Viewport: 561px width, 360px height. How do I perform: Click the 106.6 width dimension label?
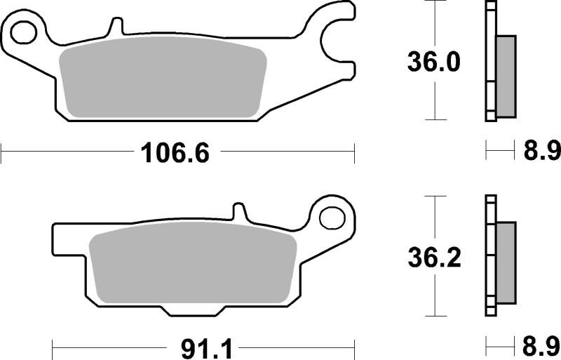(x=175, y=150)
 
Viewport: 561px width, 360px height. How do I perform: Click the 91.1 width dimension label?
(x=201, y=347)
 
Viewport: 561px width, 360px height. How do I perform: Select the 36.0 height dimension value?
(x=434, y=62)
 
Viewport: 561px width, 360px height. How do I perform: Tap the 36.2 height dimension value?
(x=434, y=259)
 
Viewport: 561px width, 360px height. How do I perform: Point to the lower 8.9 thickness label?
(x=542, y=347)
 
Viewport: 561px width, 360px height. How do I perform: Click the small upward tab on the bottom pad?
(x=239, y=211)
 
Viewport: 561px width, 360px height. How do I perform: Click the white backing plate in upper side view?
(x=490, y=63)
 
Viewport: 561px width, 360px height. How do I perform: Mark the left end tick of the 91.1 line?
(x=55, y=347)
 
